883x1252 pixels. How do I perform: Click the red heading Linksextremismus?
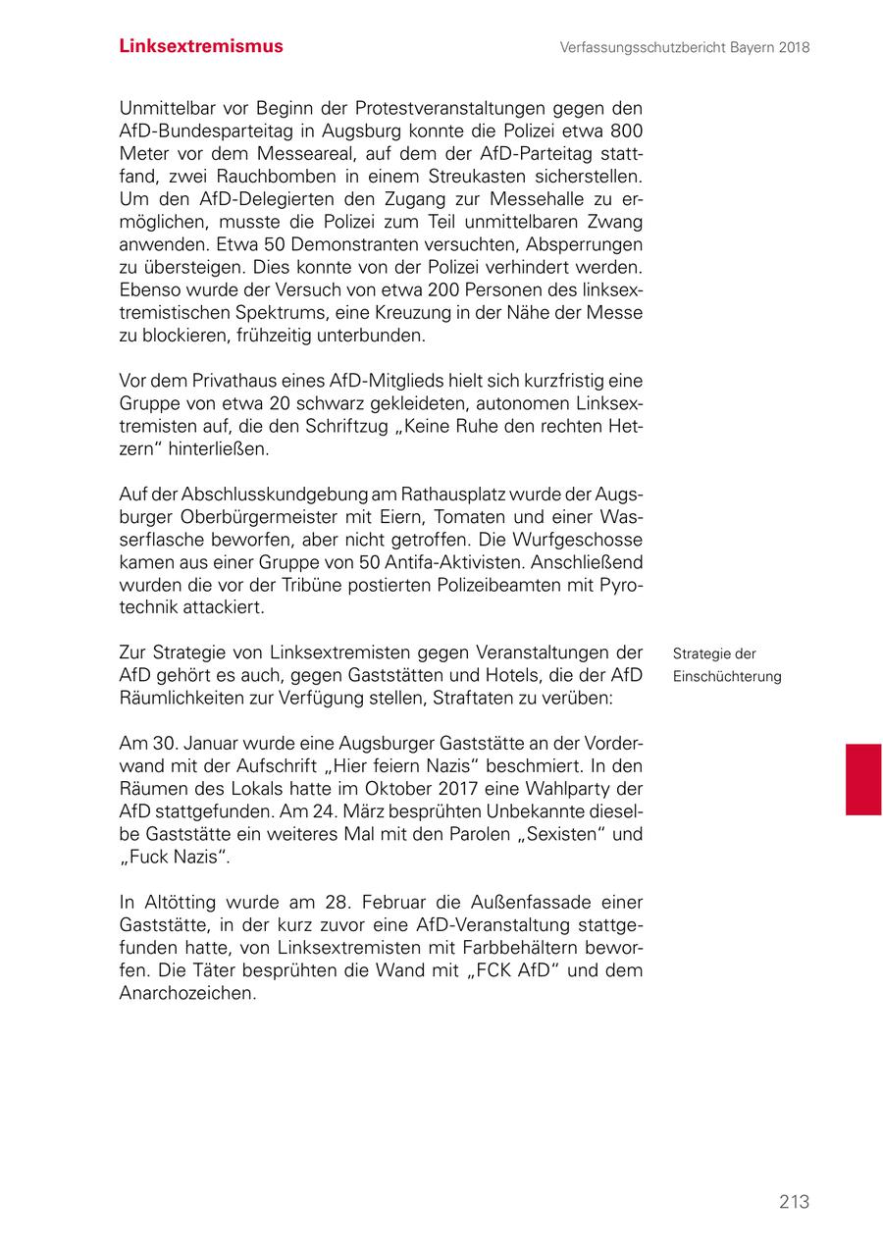201,46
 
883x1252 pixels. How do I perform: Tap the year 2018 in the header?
792,47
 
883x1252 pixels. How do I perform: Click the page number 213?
794,1201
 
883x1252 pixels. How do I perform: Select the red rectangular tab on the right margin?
863,779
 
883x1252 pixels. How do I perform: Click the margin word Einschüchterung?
727,677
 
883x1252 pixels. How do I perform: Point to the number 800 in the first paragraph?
625,130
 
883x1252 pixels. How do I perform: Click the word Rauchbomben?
293,177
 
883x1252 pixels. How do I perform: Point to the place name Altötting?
179,902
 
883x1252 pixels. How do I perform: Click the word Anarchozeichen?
187,993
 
